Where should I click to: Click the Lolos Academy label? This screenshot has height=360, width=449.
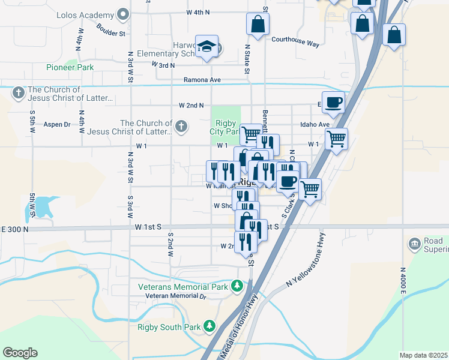tap(85, 14)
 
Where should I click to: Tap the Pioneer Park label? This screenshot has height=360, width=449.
tap(70, 67)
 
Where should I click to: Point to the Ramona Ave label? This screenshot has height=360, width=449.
tap(202, 80)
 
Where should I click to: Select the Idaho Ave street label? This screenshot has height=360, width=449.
tap(315, 125)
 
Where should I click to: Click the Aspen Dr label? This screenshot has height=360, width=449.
tap(57, 125)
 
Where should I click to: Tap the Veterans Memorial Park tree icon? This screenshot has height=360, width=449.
tap(238, 285)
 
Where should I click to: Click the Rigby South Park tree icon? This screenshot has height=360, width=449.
tap(209, 326)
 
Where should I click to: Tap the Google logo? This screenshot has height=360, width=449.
tap(20, 353)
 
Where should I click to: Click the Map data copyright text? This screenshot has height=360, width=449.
tap(424, 355)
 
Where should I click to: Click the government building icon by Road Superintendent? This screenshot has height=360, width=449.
tap(415, 244)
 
